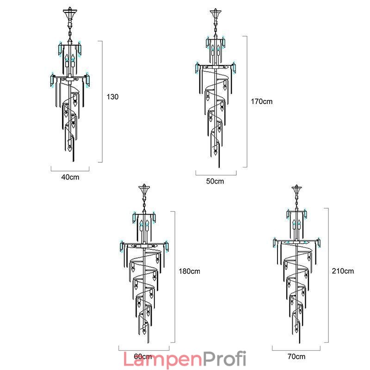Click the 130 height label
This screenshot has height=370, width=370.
click(x=112, y=97)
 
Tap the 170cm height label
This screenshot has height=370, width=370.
click(x=261, y=101)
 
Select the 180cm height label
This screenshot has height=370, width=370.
click(x=189, y=271)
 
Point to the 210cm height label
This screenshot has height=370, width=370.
click(x=343, y=271)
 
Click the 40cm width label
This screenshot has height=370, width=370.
click(x=70, y=177)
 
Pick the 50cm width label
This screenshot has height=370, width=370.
click(x=215, y=181)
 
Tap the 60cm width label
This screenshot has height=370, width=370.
click(x=143, y=356)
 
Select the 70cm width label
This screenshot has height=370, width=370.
click(x=296, y=356)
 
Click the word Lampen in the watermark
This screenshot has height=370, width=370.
click(x=163, y=359)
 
